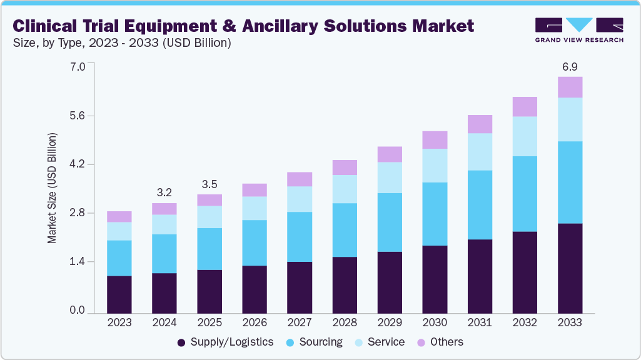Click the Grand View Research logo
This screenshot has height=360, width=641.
point(579,29)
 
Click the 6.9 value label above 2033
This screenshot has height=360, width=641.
point(569,66)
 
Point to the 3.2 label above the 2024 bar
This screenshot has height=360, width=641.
point(164,192)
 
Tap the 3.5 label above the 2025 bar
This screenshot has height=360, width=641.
point(209,184)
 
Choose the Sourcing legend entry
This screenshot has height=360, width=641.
point(314,342)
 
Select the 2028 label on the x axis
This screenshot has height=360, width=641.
point(345,322)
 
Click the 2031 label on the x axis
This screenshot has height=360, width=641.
point(480,322)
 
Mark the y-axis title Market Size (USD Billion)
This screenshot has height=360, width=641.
point(53,188)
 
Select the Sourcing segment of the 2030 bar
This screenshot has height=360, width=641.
point(435,214)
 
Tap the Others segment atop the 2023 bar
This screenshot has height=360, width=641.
point(119,217)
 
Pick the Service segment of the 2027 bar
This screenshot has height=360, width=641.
point(300,199)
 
